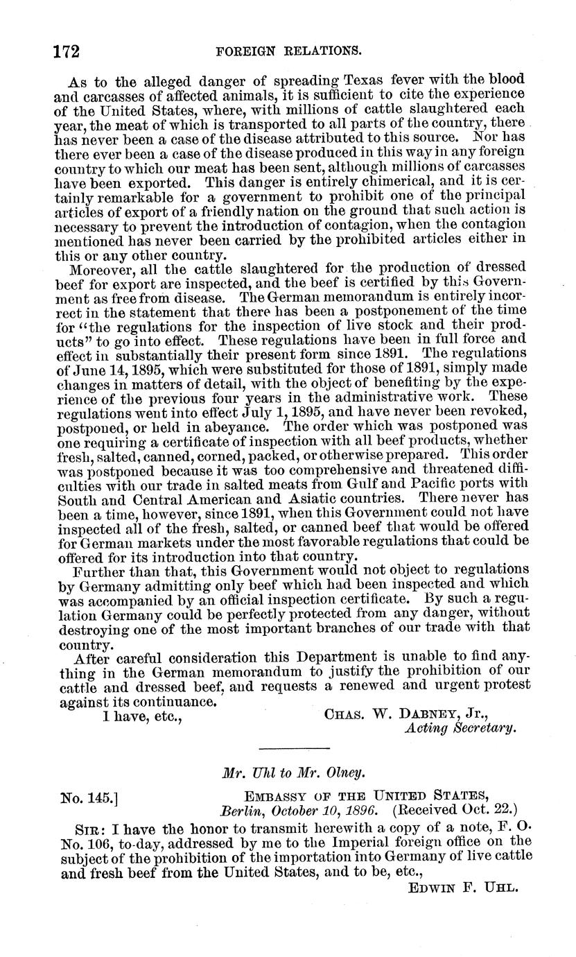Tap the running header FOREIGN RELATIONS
(x=288, y=51)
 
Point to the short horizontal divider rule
(x=294, y=748)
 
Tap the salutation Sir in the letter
(x=88, y=829)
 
